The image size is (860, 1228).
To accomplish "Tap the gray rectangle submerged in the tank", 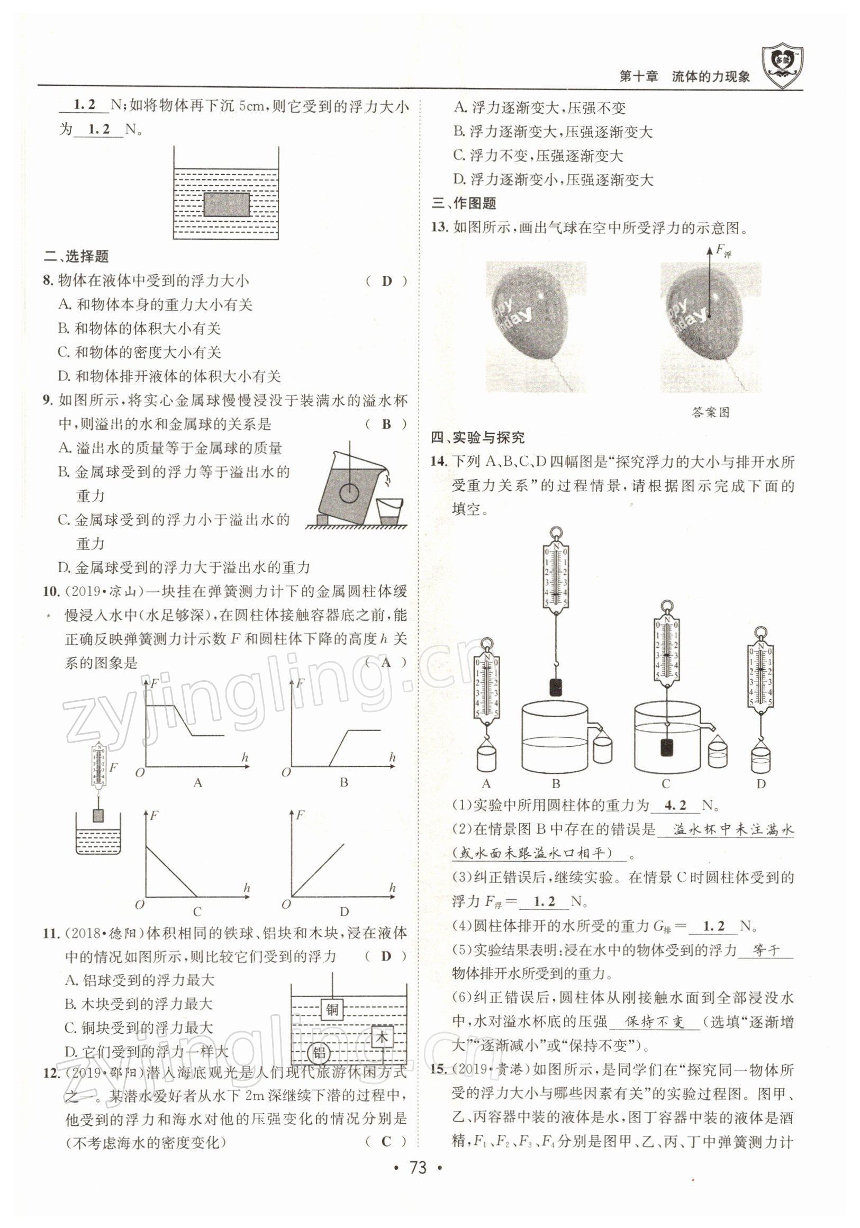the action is tap(227, 204).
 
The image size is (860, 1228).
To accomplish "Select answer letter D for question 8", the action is tap(387, 281).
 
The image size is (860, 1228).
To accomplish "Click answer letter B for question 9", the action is tap(387, 424).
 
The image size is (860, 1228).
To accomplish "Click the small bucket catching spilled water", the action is tap(390, 512).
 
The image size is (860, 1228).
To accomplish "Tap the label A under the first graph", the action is tap(198, 782).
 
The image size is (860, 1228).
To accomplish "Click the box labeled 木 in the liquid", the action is tap(382, 1036).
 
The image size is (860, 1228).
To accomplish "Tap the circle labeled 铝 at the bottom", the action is tap(319, 1053).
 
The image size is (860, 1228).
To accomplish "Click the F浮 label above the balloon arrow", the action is tap(723, 250).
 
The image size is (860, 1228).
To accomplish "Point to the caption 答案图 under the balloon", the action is tap(710, 412).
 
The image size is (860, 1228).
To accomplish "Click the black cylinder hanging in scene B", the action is tap(556, 686).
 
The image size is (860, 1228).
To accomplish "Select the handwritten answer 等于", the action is tap(766, 951).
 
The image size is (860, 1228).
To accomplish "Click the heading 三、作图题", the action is tap(464, 203).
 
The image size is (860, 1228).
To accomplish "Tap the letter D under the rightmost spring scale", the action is tap(761, 784).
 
